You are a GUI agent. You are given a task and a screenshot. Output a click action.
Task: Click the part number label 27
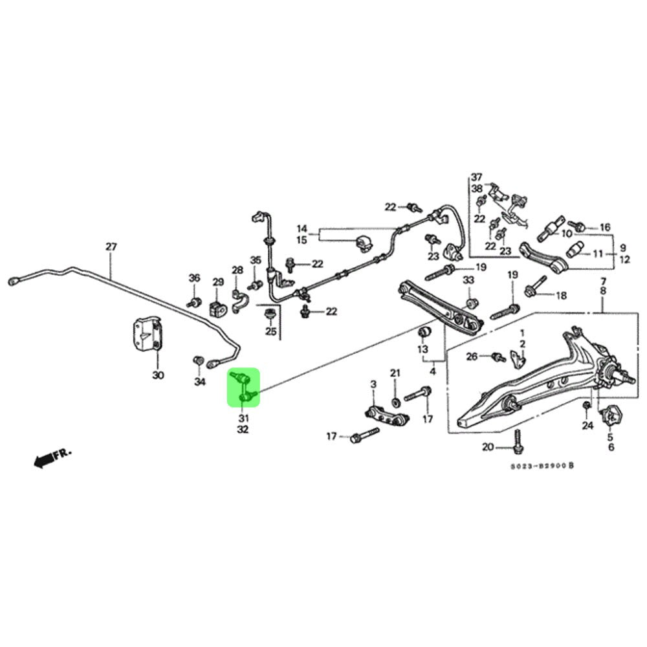click(x=111, y=247)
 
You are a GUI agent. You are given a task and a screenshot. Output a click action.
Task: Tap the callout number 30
click(x=159, y=375)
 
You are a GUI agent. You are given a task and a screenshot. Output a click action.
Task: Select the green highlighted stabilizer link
click(x=243, y=388)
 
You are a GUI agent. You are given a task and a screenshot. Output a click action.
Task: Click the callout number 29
click(x=218, y=282)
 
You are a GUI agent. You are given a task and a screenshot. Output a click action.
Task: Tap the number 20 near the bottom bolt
click(x=488, y=447)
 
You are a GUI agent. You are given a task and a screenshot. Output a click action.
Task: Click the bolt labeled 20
click(x=517, y=444)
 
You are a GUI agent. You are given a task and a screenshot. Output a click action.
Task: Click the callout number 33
click(x=468, y=280)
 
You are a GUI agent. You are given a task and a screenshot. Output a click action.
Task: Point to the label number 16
click(x=605, y=228)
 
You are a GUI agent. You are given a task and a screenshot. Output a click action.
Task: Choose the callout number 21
click(x=395, y=373)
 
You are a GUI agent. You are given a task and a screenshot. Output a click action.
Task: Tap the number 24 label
click(x=587, y=426)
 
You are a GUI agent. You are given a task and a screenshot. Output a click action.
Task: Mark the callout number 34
click(x=200, y=382)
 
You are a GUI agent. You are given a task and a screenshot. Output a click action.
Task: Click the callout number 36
click(x=194, y=278)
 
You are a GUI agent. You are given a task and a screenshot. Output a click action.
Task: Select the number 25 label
click(x=270, y=333)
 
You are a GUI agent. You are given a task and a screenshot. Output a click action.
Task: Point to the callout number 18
click(x=560, y=296)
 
